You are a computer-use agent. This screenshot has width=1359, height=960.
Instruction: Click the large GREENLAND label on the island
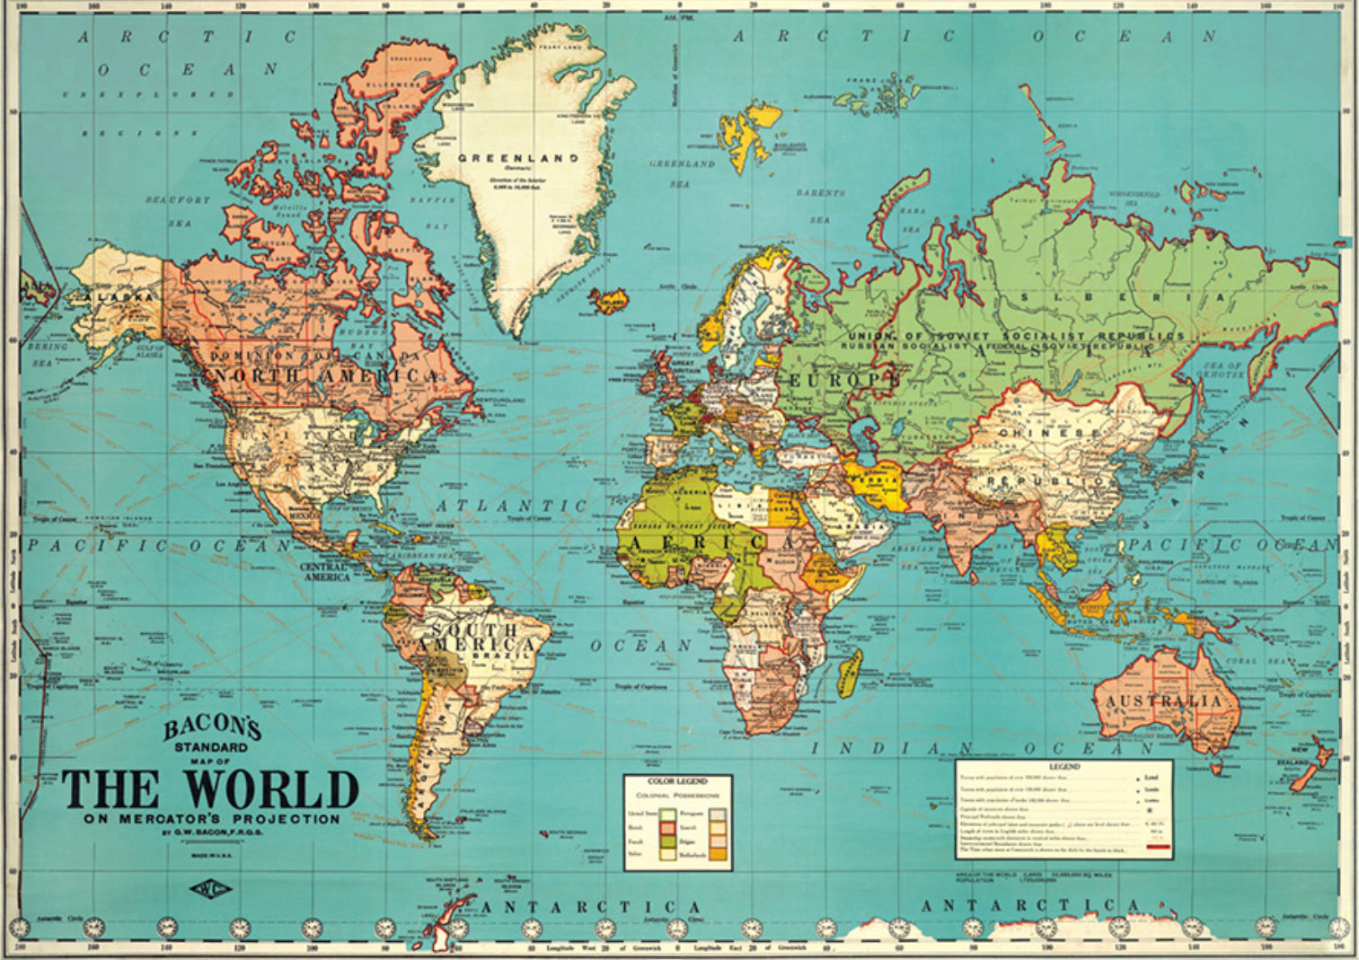(x=518, y=158)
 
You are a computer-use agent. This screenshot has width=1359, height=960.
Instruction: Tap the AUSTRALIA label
(x=1163, y=700)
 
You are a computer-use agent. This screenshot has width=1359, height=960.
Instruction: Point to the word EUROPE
(x=844, y=381)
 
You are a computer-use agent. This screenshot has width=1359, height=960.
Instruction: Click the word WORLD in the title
(x=271, y=791)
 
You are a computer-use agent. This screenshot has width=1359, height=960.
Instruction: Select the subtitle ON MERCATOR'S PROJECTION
(x=212, y=819)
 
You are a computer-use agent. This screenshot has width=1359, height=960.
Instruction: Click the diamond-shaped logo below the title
(x=211, y=890)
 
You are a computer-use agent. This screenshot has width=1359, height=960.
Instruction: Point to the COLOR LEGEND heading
(x=678, y=781)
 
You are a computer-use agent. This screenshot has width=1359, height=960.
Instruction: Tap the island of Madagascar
(x=850, y=673)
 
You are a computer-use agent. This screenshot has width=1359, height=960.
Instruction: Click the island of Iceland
(x=612, y=298)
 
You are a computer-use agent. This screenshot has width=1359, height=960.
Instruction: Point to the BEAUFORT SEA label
(x=178, y=211)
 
